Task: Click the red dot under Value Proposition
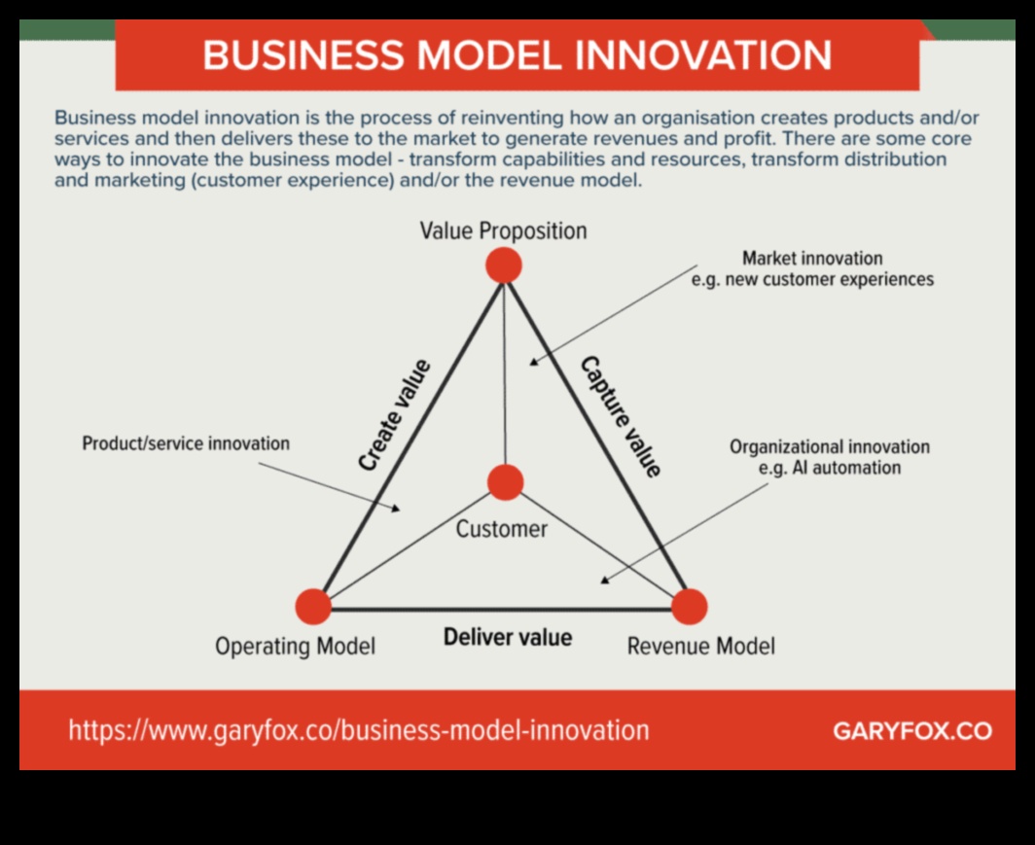(504, 265)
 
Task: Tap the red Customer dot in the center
(505, 481)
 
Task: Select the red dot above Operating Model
(313, 606)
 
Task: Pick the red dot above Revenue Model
(689, 606)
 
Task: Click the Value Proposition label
(504, 230)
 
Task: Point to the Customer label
(502, 529)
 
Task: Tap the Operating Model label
(295, 646)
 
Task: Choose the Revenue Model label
(701, 646)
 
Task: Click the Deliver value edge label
(508, 637)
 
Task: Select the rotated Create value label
(395, 415)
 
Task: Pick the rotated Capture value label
(621, 416)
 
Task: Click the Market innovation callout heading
(812, 258)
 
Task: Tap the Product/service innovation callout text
(186, 443)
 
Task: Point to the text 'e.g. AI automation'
(830, 468)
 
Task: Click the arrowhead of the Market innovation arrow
(533, 362)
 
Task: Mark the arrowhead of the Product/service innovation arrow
(396, 509)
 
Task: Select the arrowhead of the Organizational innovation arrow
(603, 581)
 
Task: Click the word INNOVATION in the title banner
(703, 54)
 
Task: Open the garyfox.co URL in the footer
(359, 730)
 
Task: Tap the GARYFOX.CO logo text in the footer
(912, 731)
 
